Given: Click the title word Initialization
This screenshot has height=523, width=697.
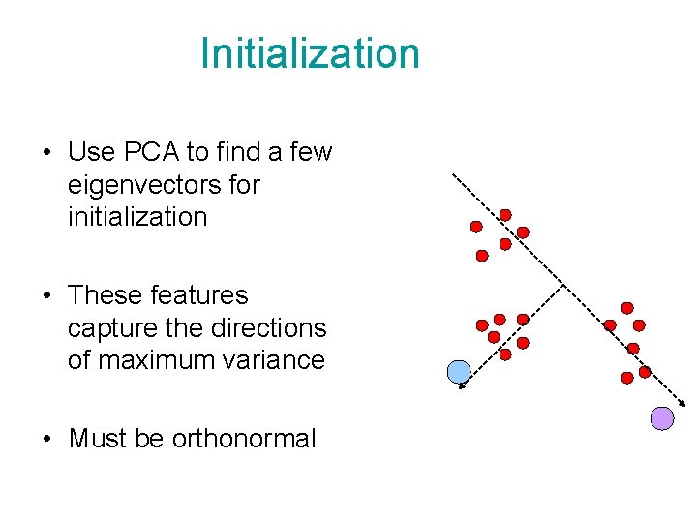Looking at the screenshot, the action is [310, 53].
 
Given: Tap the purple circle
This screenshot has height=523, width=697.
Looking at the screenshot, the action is [661, 417].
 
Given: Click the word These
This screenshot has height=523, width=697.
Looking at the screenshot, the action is [105, 295].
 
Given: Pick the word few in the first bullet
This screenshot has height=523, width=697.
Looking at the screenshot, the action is [311, 152].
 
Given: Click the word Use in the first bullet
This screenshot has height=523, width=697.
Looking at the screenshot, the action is [92, 152].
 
